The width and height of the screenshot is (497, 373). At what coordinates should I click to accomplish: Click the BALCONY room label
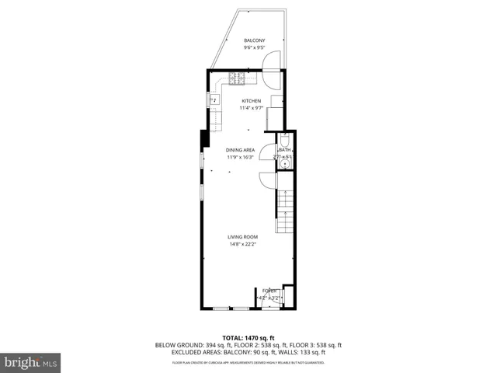click(254, 40)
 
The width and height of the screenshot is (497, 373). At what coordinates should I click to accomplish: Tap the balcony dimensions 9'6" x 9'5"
click(254, 47)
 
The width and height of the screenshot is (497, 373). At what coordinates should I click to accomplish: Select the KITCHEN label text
click(251, 101)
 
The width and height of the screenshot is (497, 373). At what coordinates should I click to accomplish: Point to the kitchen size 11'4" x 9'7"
click(251, 108)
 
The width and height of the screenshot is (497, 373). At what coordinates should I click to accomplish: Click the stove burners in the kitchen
click(237, 78)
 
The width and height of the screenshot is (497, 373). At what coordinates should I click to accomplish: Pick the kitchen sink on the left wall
click(213, 99)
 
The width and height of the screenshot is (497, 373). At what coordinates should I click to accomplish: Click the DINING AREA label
click(240, 150)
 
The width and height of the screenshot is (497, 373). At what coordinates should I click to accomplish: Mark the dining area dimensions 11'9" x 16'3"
click(240, 157)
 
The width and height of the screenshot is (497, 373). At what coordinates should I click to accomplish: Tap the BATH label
click(285, 150)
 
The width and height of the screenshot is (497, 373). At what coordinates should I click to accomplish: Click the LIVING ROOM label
click(242, 237)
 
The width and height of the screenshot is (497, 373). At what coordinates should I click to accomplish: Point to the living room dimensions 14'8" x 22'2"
click(242, 244)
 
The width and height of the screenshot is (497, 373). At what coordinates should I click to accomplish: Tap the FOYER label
click(269, 290)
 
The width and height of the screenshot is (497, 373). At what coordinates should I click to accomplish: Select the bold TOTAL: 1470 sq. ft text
click(248, 337)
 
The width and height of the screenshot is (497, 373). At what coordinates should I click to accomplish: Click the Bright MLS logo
click(30, 362)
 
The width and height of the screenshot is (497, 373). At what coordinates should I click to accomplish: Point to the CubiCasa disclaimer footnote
click(248, 362)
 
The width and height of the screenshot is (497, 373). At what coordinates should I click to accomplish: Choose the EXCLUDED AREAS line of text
click(248, 354)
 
